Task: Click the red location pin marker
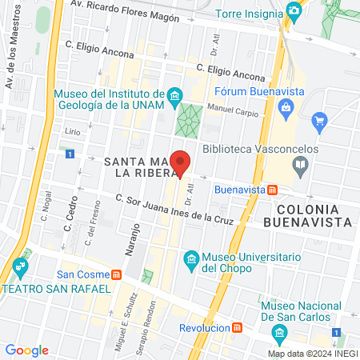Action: click(181, 163)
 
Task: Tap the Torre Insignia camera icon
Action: click(294, 11)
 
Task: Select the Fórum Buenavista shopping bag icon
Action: click(285, 106)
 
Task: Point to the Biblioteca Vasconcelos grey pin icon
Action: click(301, 166)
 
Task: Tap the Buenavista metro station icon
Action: click(273, 190)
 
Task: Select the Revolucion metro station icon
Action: click(236, 328)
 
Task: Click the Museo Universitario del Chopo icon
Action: click(190, 259)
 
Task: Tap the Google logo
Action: click(26, 350)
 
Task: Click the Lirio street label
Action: click(73, 130)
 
